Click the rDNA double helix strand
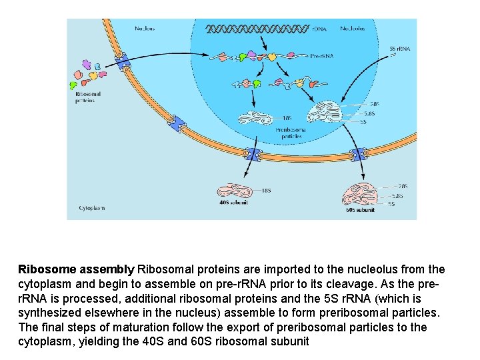click(257, 29)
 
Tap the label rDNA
click(320, 29)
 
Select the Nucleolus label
click(353, 29)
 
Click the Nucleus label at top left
click(146, 29)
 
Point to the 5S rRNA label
click(400, 48)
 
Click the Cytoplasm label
click(92, 208)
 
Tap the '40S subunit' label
click(233, 202)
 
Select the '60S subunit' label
click(360, 209)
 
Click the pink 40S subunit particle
click(233, 189)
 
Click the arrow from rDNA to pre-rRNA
click(265, 41)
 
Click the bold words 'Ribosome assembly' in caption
click(76, 270)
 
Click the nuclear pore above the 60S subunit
click(359, 155)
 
